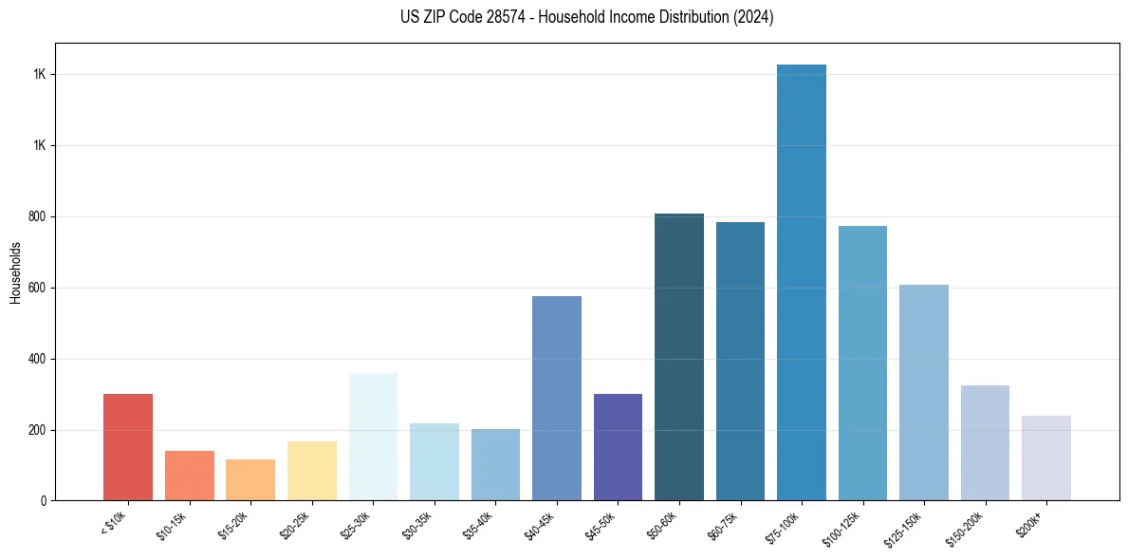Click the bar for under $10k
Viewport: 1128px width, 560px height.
[x=128, y=447]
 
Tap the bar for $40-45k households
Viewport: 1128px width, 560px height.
[x=557, y=399]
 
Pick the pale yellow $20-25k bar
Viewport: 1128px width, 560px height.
[x=312, y=471]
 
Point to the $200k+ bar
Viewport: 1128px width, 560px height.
[x=1046, y=458]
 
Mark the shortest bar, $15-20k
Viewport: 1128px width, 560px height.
[x=250, y=480]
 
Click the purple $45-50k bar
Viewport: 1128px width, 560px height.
[x=618, y=447]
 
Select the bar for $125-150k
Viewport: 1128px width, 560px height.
[x=924, y=393]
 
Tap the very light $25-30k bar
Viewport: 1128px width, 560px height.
[x=373, y=437]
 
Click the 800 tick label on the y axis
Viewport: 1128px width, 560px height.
[x=37, y=217]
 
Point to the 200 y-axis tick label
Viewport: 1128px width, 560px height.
[x=37, y=430]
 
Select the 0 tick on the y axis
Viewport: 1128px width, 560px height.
[x=43, y=501]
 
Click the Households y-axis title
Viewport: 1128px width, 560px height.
[x=15, y=272]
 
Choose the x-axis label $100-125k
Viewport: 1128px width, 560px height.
[x=843, y=527]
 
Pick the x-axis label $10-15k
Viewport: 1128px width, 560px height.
[x=172, y=525]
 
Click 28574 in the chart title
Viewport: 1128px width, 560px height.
[x=502, y=17]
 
